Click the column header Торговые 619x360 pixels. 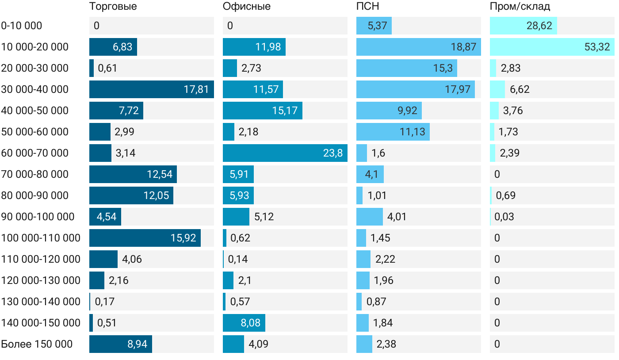pyautogui.click(x=113, y=7)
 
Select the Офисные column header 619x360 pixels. pyautogui.click(x=246, y=7)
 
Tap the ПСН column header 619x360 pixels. pyautogui.click(x=367, y=7)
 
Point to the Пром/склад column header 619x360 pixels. pyautogui.click(x=520, y=7)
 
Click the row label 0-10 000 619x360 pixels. pyautogui.click(x=22, y=26)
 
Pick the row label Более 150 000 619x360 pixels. pyautogui.click(x=37, y=344)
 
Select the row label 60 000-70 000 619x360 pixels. pyautogui.click(x=35, y=153)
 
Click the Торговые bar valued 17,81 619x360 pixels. pyautogui.click(x=151, y=89)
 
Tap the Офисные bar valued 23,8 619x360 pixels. pyautogui.click(x=285, y=153)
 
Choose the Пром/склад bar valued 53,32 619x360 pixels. pyautogui.click(x=552, y=47)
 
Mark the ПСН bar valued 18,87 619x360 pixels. pyautogui.click(x=418, y=47)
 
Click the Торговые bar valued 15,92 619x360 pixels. pyautogui.click(x=145, y=238)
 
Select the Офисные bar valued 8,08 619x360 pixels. pyautogui.click(x=244, y=323)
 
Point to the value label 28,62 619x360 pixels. pyautogui.click(x=539, y=26)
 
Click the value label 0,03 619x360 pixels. pyautogui.click(x=504, y=217)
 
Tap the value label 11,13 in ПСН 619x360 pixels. pyautogui.click(x=412, y=132)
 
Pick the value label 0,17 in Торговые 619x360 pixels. pyautogui.click(x=104, y=302)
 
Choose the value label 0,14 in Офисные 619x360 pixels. pyautogui.click(x=238, y=259)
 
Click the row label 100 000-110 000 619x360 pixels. pyautogui.click(x=41, y=238)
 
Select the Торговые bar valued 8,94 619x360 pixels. pyautogui.click(x=120, y=344)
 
